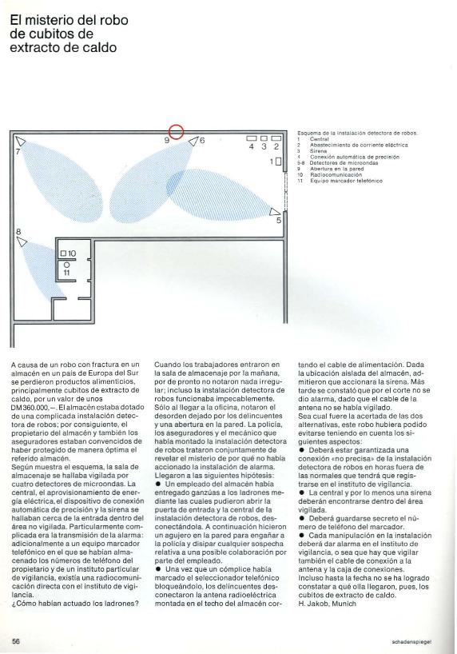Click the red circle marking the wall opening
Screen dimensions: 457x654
[x=177, y=133]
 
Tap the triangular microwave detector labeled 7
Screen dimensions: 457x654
[x=20, y=142]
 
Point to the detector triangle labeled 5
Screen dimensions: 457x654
[x=276, y=210]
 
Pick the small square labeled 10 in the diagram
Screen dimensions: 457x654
[x=65, y=254]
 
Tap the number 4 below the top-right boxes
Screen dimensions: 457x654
[x=252, y=147]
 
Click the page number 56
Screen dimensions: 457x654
[x=16, y=641]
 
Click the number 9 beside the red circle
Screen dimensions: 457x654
[x=166, y=140]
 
